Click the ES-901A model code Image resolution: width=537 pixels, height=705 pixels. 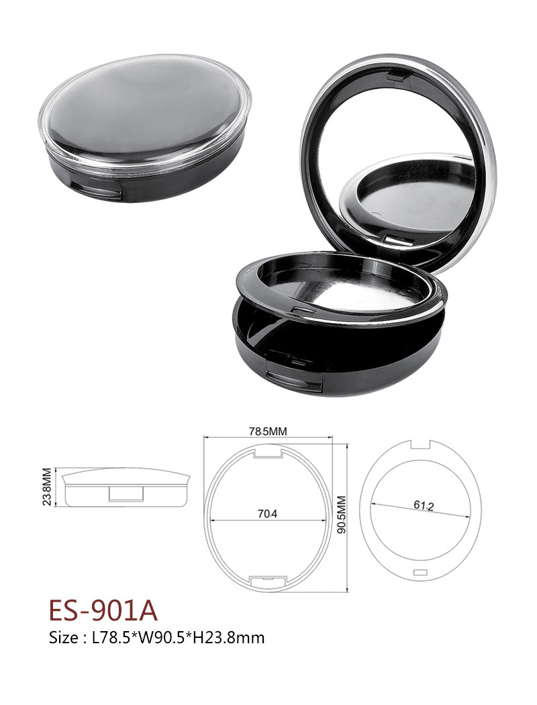click(x=103, y=610)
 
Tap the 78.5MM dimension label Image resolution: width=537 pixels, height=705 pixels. click(x=268, y=432)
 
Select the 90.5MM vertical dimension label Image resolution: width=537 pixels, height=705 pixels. click(x=342, y=515)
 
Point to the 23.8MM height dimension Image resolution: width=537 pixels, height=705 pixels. click(x=46, y=487)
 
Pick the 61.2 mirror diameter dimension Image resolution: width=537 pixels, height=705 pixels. click(x=424, y=506)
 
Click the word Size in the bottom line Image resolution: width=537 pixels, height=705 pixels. click(x=64, y=638)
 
